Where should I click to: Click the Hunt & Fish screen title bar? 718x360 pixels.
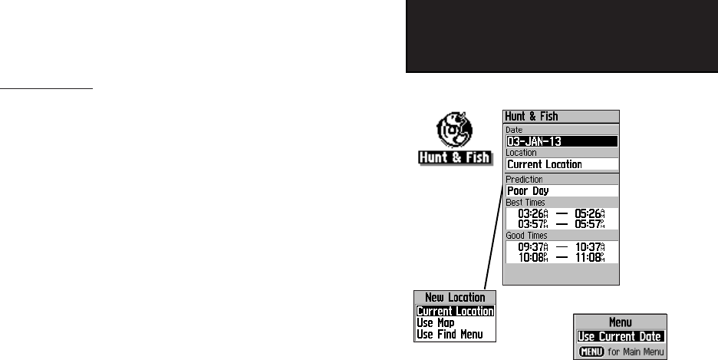(561, 117)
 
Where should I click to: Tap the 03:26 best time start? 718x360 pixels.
(534, 213)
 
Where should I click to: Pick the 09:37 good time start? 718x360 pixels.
(534, 246)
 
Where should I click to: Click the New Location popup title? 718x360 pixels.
(455, 297)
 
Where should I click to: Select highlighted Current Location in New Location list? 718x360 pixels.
(455, 312)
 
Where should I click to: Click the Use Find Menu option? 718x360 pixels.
(451, 334)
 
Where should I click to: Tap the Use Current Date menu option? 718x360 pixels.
(621, 336)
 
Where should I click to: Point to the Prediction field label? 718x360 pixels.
(523, 180)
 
